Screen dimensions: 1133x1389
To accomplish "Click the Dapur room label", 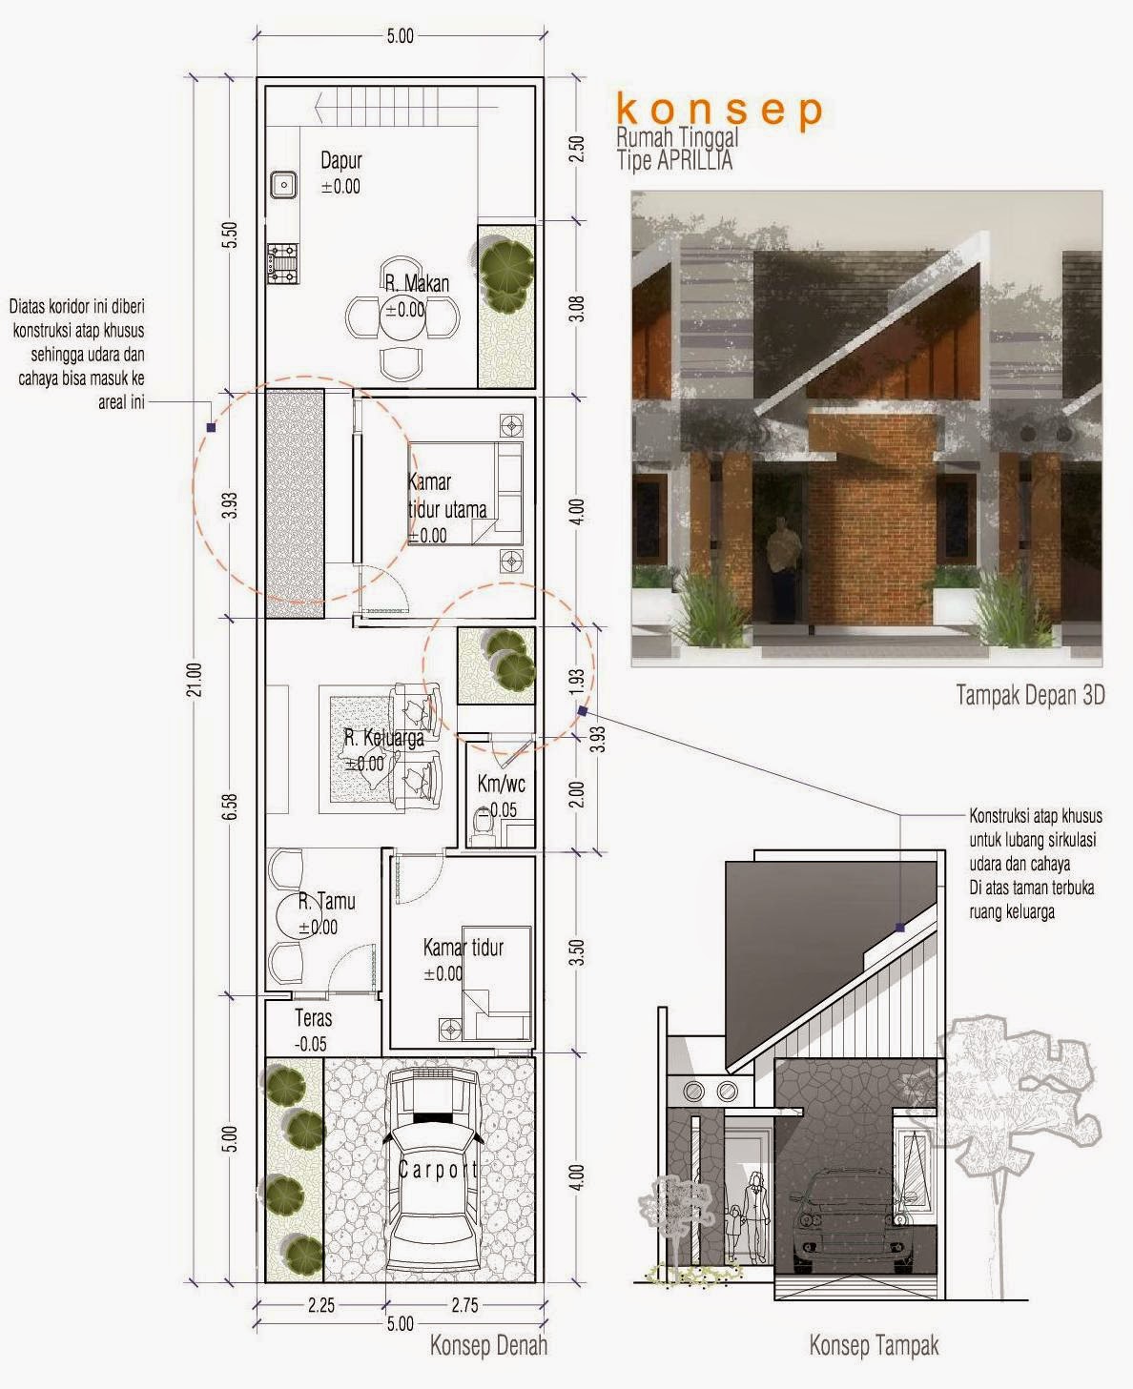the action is (341, 161).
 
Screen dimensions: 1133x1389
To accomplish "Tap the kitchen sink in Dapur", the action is (283, 185).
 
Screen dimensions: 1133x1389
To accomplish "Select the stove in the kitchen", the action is (283, 263).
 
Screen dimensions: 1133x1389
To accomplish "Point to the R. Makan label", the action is (417, 284).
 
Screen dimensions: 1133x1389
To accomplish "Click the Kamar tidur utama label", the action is (446, 496).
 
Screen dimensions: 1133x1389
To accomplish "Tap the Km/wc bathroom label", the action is (502, 784).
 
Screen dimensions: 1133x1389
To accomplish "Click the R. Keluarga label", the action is (384, 738).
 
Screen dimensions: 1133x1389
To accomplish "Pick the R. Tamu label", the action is (327, 901).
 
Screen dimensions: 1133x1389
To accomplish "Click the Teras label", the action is (314, 1018).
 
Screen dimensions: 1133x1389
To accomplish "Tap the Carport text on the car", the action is (438, 1170).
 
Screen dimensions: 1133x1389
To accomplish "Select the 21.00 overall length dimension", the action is (196, 679).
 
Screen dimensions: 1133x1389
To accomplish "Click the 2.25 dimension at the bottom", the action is (321, 1305).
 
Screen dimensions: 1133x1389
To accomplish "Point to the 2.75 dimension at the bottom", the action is (465, 1305).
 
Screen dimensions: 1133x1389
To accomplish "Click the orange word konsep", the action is (719, 110).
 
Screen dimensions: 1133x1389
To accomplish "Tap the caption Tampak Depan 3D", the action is (1030, 695).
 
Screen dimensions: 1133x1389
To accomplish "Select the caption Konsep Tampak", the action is (875, 1345).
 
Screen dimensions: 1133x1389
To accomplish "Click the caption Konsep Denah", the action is (488, 1345).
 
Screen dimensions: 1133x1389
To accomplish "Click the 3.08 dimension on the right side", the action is (576, 308).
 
